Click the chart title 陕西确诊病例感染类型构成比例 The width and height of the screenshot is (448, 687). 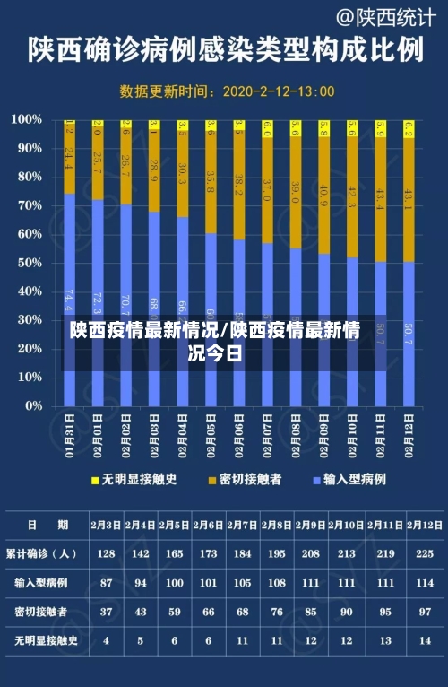pyautogui.click(x=224, y=49)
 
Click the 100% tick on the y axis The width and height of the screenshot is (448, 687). pyautogui.click(x=27, y=119)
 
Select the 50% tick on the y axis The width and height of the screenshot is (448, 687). pyautogui.click(x=30, y=263)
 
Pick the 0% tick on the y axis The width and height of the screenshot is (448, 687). pyautogui.click(x=33, y=406)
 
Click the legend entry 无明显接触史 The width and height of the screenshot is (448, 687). pyautogui.click(x=134, y=480)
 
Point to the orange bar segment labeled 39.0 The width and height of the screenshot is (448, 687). pyautogui.click(x=295, y=193)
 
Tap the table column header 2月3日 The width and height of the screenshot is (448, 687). pyautogui.click(x=107, y=525)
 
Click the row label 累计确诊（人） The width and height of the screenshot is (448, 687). pyautogui.click(x=43, y=553)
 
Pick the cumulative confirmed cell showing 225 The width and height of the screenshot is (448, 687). pyautogui.click(x=425, y=553)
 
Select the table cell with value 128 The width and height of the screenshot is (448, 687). pyautogui.click(x=107, y=553)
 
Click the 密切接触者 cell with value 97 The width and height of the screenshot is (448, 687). pyautogui.click(x=425, y=612)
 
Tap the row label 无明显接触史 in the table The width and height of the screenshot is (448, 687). pyautogui.click(x=43, y=640)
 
